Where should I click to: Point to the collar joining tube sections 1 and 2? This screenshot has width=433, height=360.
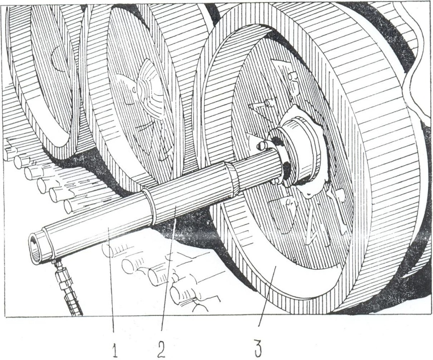pyautogui.click(x=148, y=205)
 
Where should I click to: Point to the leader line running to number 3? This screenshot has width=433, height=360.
pyautogui.click(x=266, y=300)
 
